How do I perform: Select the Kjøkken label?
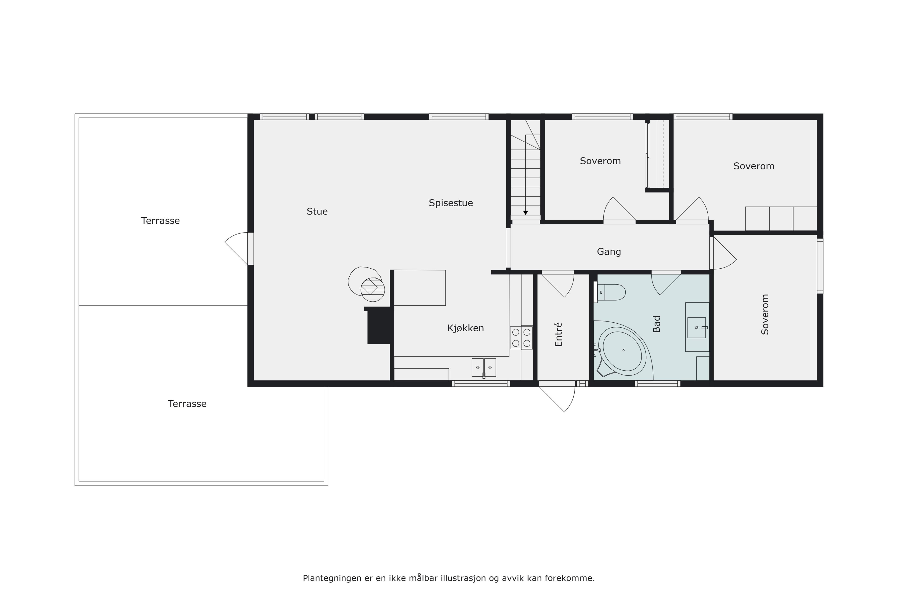click(465, 328)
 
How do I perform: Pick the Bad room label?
click(656, 324)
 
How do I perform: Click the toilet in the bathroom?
click(609, 292)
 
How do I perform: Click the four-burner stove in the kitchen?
click(521, 337)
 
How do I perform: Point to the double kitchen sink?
click(484, 368)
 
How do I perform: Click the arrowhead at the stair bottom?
click(526, 213)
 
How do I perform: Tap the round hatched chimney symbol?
click(373, 290)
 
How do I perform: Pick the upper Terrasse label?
click(160, 221)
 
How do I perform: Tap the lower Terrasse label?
click(187, 404)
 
